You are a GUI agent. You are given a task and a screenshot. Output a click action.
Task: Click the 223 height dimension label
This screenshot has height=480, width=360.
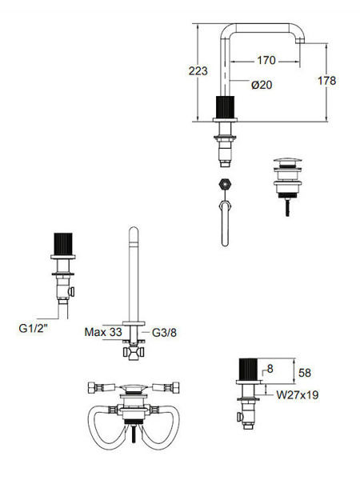(198, 71)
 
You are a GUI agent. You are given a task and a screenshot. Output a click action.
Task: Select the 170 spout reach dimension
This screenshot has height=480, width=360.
(266, 60)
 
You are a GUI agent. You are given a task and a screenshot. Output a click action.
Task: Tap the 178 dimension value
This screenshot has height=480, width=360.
(327, 81)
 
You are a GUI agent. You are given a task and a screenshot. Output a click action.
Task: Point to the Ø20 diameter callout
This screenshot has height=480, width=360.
(262, 85)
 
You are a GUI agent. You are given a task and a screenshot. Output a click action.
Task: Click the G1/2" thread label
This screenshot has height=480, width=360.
(33, 329)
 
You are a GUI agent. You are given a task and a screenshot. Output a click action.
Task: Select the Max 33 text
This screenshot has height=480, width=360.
(103, 332)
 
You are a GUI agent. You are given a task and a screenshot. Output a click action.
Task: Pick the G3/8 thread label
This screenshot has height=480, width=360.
(164, 333)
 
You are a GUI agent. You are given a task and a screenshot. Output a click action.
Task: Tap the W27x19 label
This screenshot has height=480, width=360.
(298, 394)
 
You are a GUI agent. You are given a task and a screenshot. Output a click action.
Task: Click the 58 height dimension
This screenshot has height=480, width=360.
(305, 373)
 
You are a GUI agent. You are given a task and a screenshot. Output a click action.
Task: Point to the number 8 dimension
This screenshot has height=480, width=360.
(270, 369)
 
